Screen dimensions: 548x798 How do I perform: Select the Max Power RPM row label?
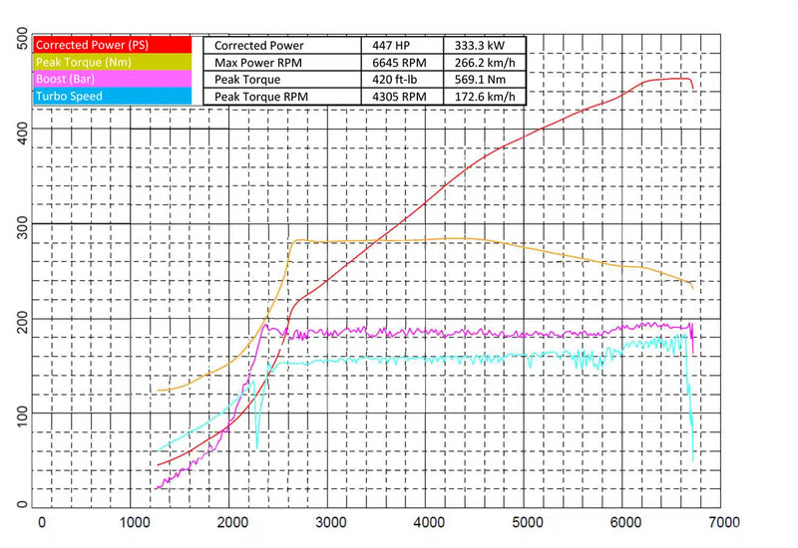click(260, 62)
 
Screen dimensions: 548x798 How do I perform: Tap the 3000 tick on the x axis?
click(329, 522)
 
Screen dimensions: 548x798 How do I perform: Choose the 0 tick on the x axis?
click(41, 522)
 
